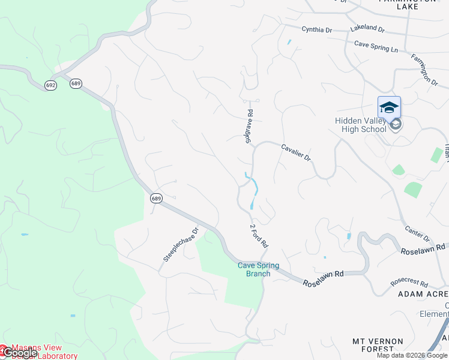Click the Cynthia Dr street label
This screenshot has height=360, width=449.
[316, 29]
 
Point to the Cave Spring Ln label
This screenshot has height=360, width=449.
[376, 44]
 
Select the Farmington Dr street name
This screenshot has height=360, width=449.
[424, 69]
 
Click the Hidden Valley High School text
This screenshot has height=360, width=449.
[360, 125]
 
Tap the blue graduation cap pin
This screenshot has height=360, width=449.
[389, 108]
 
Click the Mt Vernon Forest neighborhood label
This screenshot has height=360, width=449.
[381, 344]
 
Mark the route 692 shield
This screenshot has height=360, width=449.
[50, 86]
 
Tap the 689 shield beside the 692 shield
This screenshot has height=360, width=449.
[75, 83]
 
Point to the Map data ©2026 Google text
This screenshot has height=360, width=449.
[412, 355]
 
